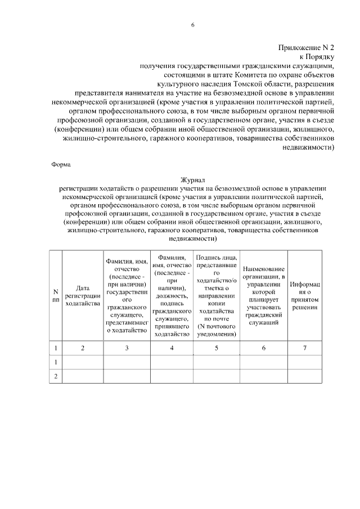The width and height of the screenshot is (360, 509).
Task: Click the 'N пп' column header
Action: (55, 295)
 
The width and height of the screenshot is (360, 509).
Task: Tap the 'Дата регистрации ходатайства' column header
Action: (82, 295)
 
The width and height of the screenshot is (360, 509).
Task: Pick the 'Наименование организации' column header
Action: (263, 295)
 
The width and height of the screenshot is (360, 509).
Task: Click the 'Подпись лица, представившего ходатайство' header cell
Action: (216, 276)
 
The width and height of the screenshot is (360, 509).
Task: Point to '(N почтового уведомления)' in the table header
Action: (216, 331)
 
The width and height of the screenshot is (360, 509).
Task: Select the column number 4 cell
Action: (172, 348)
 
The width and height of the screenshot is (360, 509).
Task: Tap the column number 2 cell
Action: (82, 348)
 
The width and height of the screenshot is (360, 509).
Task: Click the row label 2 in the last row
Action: (55, 376)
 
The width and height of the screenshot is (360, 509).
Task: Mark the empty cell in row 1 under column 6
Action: (263, 362)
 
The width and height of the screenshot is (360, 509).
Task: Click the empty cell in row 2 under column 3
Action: (127, 376)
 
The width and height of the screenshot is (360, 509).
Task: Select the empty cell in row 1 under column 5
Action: (216, 362)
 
